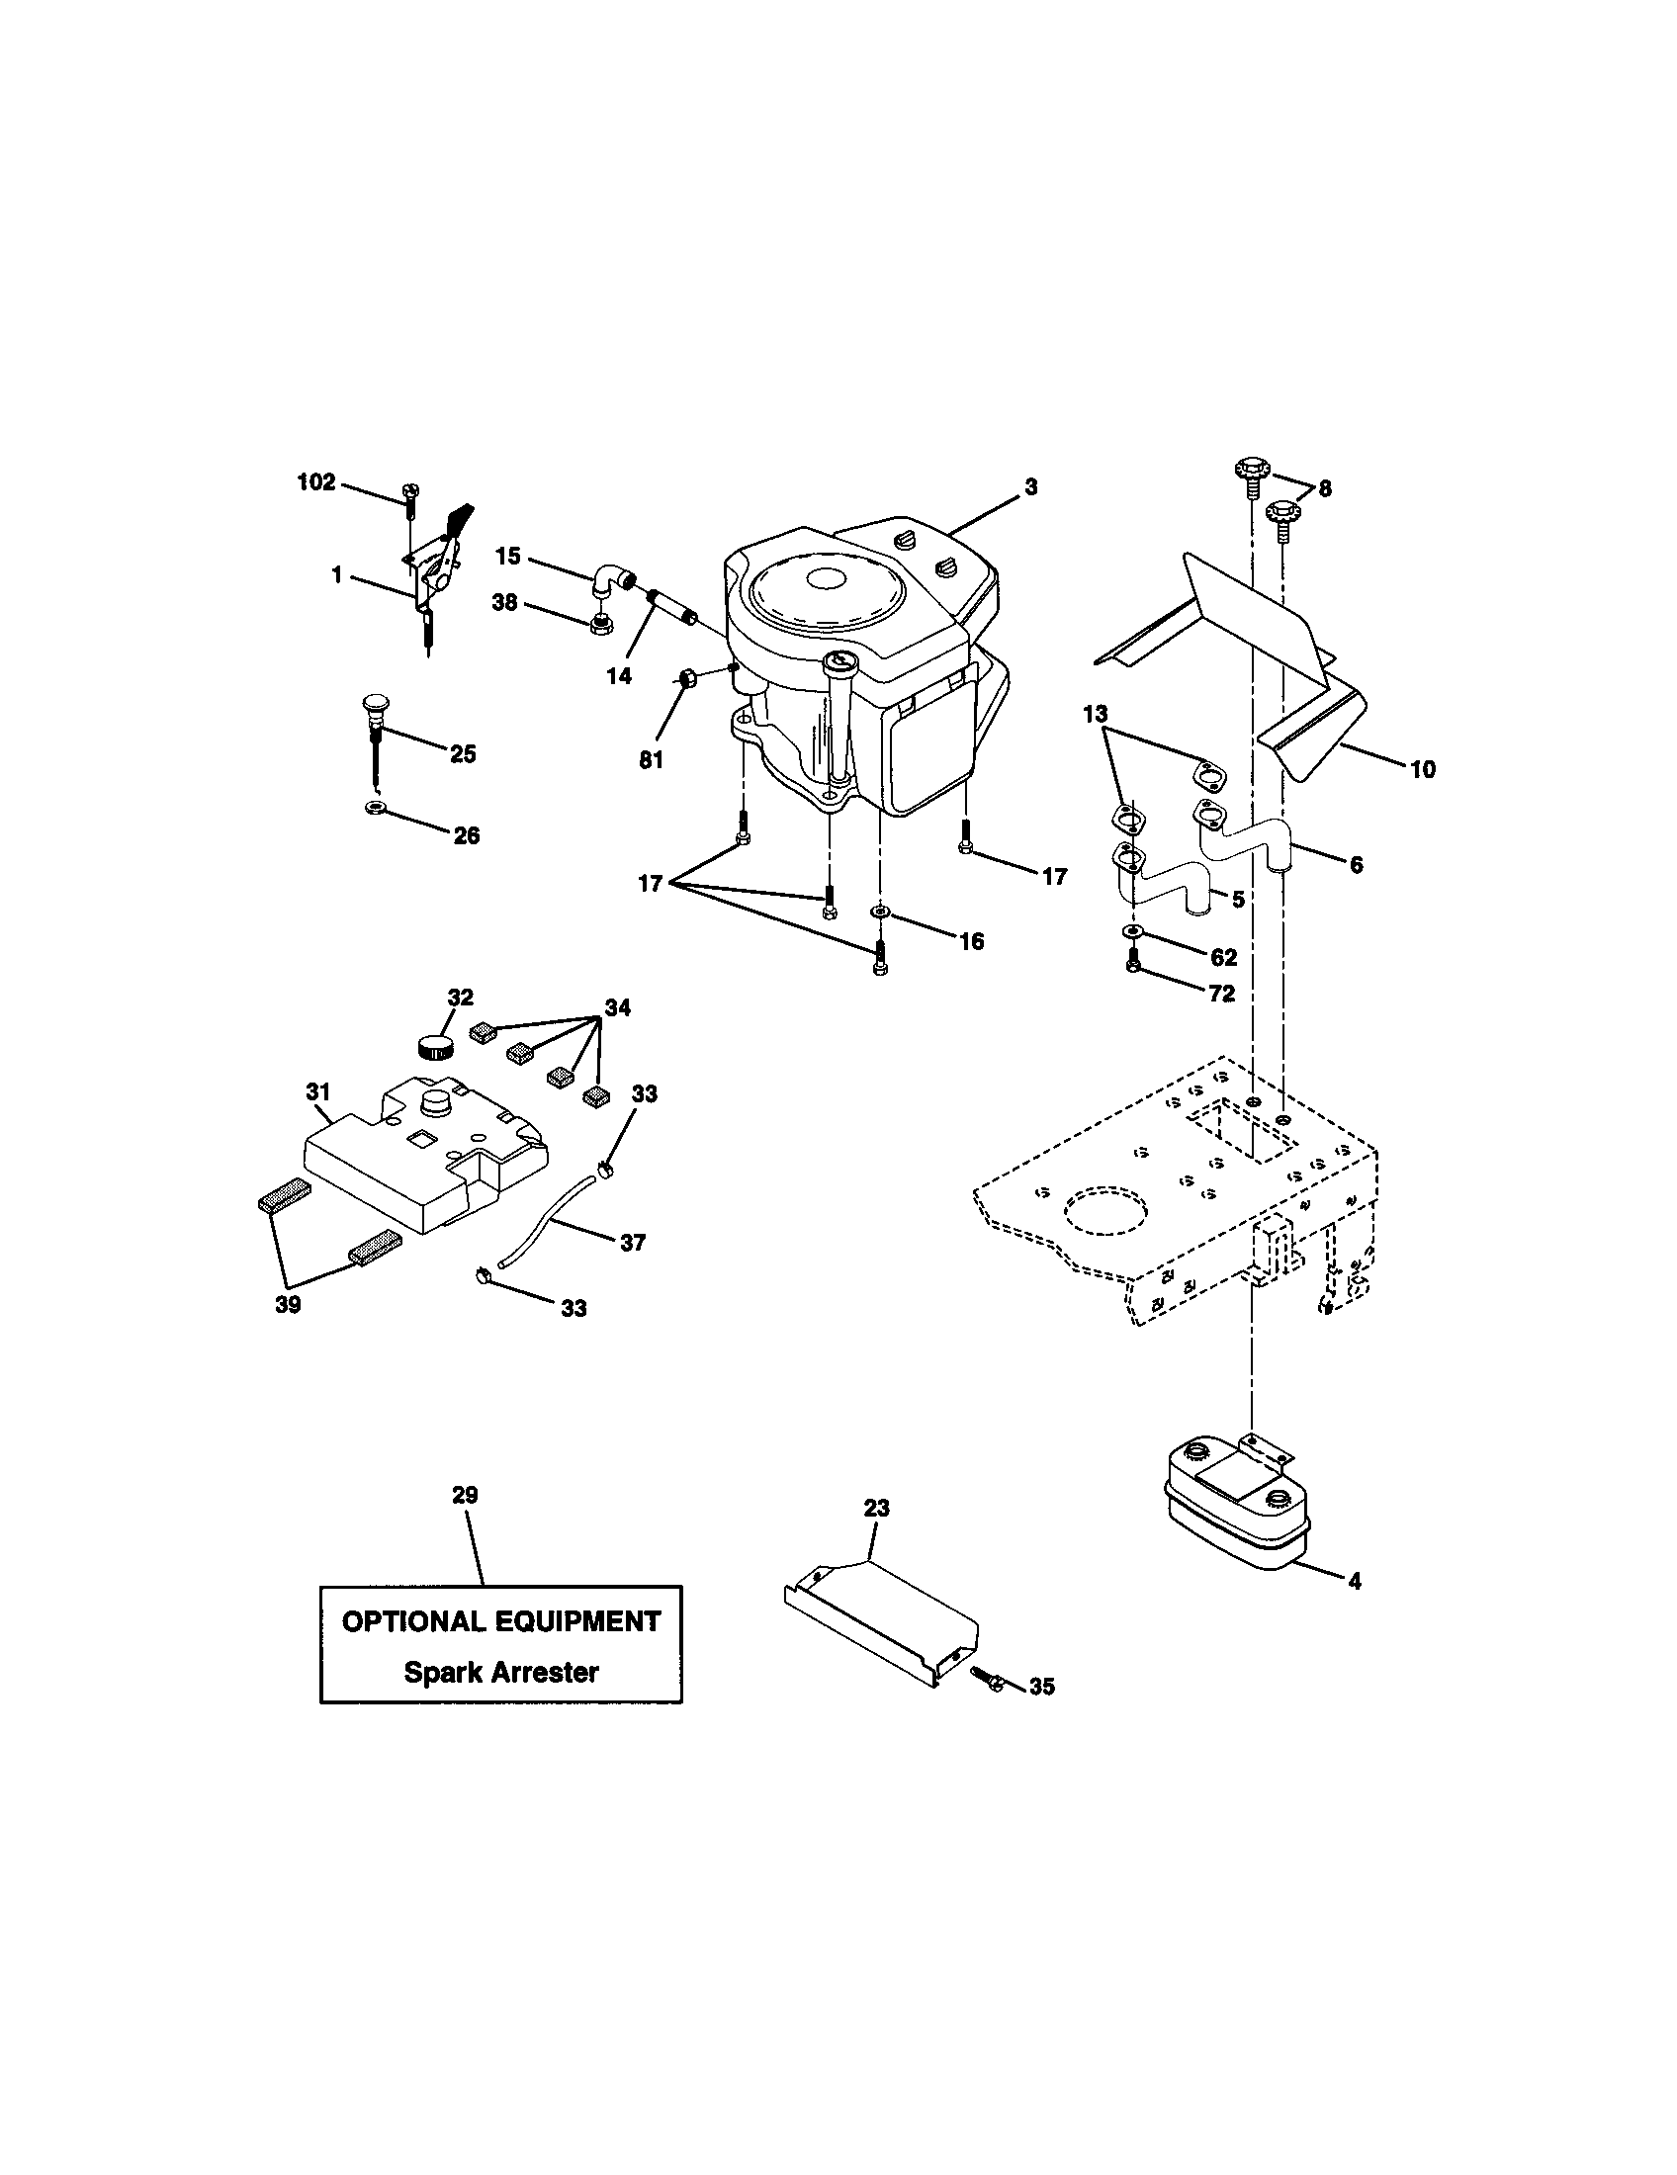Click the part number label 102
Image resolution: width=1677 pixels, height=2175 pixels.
316,483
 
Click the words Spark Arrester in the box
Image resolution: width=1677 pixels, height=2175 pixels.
501,1672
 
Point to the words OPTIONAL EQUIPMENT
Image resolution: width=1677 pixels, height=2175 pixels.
501,1621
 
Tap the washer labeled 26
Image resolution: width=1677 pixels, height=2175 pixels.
376,805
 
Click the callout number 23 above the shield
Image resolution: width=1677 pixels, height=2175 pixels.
876,1509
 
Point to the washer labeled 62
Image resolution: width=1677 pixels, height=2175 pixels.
1133,931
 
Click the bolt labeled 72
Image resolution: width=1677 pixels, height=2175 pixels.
1134,965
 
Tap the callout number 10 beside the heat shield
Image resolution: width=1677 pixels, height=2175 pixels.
1423,769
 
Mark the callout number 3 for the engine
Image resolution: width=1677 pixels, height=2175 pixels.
1030,487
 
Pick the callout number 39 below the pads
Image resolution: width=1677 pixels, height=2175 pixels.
288,1305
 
